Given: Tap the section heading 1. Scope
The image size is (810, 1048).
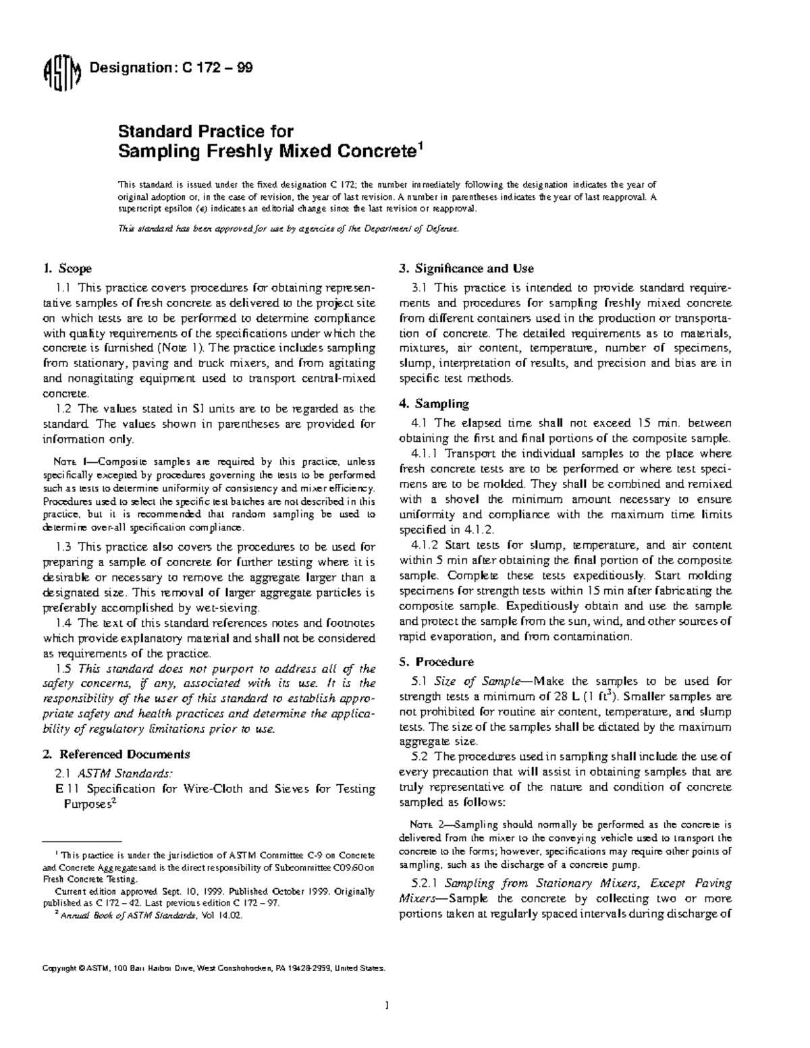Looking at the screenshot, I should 67,269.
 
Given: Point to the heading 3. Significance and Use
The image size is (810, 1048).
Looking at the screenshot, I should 466,269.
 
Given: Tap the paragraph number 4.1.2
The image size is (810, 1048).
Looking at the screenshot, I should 425,545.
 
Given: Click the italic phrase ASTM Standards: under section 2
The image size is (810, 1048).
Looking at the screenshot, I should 124,773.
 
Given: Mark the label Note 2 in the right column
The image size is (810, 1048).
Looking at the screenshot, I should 427,825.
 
